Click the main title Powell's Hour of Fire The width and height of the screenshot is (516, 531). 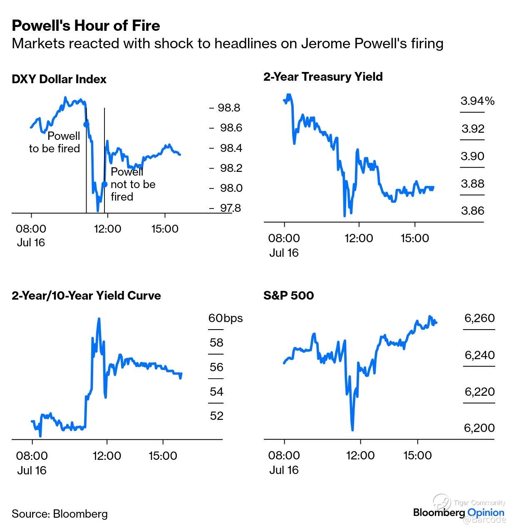86,26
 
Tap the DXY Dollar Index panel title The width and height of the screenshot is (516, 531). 59,79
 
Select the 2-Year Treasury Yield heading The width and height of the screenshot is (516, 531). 323,77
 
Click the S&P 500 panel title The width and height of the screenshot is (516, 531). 288,295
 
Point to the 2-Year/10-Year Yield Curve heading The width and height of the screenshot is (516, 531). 86,295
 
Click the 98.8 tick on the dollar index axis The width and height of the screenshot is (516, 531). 229,108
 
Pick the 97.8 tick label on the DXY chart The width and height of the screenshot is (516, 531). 230,208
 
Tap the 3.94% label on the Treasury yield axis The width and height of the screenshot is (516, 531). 477,101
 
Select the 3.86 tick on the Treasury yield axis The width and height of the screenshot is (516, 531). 473,211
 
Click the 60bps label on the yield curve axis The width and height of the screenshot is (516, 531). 225,318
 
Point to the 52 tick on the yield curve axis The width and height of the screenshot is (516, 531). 216,416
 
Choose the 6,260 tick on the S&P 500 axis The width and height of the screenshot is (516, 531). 479,318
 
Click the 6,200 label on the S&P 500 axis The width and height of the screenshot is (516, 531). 479,428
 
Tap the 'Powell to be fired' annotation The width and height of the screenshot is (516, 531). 55,142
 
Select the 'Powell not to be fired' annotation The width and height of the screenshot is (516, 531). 132,184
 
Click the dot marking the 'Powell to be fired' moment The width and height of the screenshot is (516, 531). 86,124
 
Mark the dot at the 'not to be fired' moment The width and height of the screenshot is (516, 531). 104,184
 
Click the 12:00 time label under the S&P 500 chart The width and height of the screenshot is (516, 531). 360,455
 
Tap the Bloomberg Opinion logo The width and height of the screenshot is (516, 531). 459,512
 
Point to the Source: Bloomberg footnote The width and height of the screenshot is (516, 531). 60,514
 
